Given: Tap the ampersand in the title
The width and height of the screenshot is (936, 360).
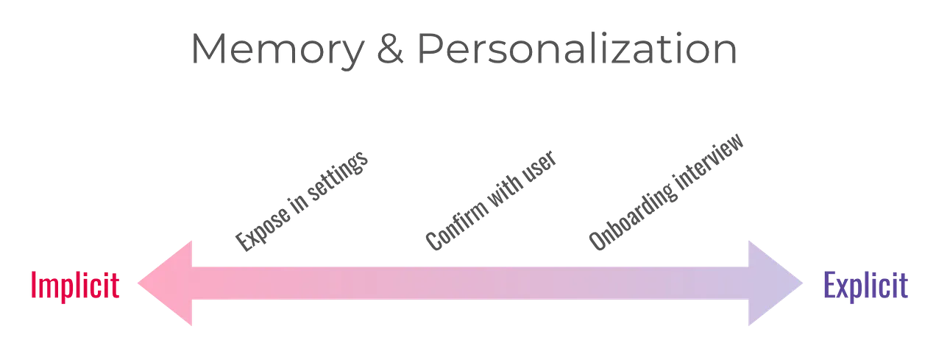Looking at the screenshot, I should (389, 49).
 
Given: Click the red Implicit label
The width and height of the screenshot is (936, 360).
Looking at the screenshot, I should (74, 286).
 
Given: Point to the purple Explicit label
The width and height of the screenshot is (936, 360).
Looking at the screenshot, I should (865, 286).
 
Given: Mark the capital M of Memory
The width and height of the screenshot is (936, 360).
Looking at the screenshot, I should (208, 49).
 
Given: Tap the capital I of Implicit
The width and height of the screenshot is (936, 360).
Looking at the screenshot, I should (35, 286).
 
